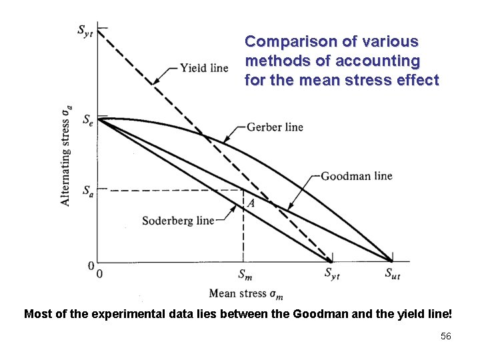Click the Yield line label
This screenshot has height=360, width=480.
click(203, 68)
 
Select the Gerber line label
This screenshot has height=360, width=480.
click(274, 127)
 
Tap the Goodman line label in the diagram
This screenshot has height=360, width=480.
click(356, 176)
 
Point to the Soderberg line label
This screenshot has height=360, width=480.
click(178, 220)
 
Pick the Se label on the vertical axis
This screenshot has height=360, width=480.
click(88, 120)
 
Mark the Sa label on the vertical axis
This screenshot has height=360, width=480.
click(88, 191)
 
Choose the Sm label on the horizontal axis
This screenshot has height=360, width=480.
click(244, 273)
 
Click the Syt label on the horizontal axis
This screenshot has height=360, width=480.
click(331, 273)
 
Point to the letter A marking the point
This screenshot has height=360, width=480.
click(249, 202)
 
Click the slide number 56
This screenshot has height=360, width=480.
click(445, 337)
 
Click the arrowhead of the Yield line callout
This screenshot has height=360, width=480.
click(155, 83)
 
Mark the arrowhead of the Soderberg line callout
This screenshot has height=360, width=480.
click(235, 207)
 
